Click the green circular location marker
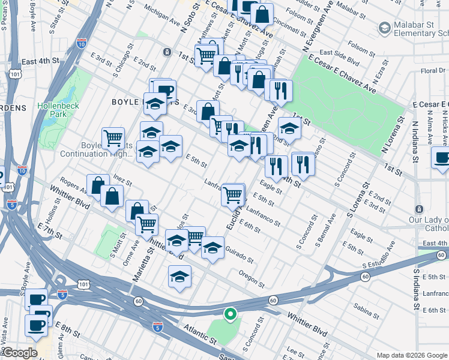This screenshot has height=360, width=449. tap(229, 313)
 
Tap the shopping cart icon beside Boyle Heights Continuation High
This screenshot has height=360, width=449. tap(113, 139)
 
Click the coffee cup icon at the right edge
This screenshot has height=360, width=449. tap(442, 158)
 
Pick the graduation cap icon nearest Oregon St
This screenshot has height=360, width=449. tap(179, 277)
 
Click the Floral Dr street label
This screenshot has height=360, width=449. tap(433, 71)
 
